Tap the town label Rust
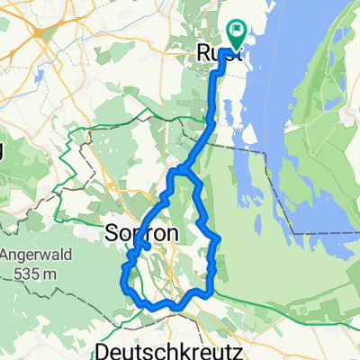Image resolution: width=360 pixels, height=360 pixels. tap(213, 54)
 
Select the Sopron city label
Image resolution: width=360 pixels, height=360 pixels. tap(142, 232)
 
